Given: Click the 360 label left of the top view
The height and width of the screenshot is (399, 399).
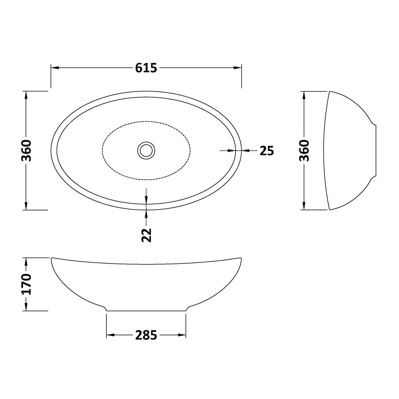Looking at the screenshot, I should click(x=26, y=150).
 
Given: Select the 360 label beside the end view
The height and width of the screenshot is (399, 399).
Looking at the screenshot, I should click(x=304, y=150).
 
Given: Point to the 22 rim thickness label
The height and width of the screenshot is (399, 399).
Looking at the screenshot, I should click(x=147, y=235).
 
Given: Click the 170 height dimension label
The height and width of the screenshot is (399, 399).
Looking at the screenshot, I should click(x=26, y=284).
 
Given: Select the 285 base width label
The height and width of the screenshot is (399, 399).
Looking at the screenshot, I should click(x=146, y=335).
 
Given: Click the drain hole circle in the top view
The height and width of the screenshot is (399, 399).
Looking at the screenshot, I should click(x=146, y=150).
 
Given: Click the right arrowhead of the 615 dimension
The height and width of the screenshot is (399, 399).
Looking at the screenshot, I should click(x=238, y=68).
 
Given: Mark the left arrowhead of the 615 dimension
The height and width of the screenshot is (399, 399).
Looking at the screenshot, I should click(x=55, y=68).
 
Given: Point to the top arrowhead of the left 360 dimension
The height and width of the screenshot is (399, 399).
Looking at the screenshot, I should click(x=26, y=95).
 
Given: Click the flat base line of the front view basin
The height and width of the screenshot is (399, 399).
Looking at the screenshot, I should click(x=146, y=311).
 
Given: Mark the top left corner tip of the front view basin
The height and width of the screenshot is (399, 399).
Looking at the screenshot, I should click(x=52, y=258).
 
